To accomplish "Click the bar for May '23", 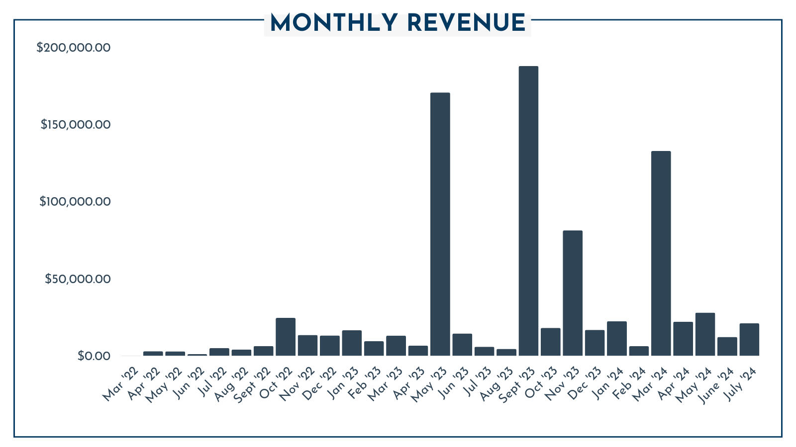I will point(440,223).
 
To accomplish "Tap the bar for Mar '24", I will point(661,253).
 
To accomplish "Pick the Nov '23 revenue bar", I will point(573,293).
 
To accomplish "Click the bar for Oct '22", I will point(286,337).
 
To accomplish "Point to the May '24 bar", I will point(705,334).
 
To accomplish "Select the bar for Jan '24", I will point(617,338).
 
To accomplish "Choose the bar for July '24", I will point(749,339).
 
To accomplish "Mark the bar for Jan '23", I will point(352,343).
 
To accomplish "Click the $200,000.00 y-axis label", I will point(73,48).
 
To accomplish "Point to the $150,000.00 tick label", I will point(75,124).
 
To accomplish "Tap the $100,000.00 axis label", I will point(75,202).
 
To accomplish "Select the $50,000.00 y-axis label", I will point(77,279).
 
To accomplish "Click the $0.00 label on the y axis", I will point(94,356).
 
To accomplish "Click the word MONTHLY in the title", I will point(334,23).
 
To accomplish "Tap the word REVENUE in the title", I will point(466,23).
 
